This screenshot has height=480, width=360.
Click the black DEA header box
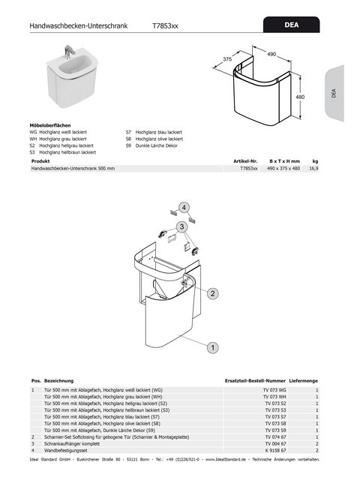pyautogui.click(x=292, y=25)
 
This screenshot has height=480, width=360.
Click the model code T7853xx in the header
pyautogui.click(x=166, y=25)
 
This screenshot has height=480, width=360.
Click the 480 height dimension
pyautogui.click(x=300, y=97)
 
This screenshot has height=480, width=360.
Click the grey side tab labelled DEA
pyautogui.click(x=333, y=93)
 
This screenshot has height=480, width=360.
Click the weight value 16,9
pyautogui.click(x=315, y=169)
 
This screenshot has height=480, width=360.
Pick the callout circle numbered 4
pyautogui.click(x=184, y=206)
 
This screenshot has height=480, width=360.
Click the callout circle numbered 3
pyautogui.click(x=181, y=226)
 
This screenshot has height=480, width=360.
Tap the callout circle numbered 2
pyautogui.click(x=212, y=292)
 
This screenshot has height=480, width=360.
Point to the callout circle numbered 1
pyautogui.click(x=212, y=347)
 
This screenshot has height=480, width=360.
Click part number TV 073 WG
pyautogui.click(x=274, y=391)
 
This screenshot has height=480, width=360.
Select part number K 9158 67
pyautogui.click(x=274, y=450)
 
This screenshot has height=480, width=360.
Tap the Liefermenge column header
pyautogui.click(x=303, y=381)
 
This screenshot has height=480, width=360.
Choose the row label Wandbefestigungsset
pyautogui.click(x=65, y=450)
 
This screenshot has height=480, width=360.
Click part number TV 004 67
pyautogui.click(x=274, y=443)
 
